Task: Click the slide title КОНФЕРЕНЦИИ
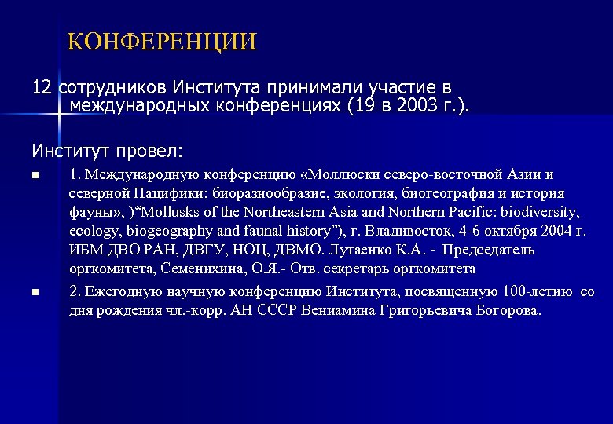click(x=162, y=41)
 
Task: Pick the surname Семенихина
click(x=180, y=269)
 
